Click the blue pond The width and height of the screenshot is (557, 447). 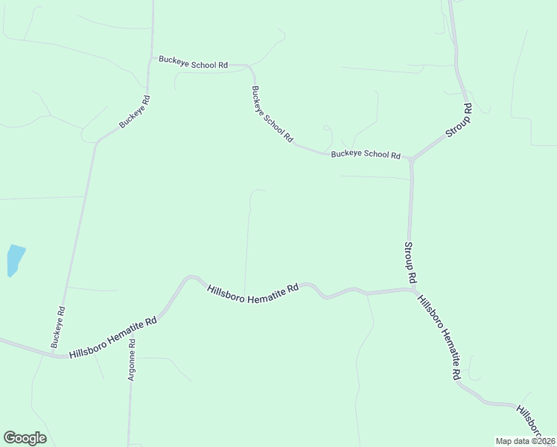[15, 259]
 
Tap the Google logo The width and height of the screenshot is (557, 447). [25, 438]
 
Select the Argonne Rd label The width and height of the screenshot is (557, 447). [131, 361]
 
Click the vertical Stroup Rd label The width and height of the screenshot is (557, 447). [409, 261]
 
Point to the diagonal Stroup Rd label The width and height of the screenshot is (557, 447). [459, 120]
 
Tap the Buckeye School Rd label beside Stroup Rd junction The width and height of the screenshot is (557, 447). [366, 154]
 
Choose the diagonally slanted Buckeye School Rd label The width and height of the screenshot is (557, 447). [272, 115]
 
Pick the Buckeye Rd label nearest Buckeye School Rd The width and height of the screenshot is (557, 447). [135, 112]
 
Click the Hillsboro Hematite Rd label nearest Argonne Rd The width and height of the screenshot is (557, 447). [113, 337]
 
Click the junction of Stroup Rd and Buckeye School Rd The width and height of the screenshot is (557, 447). [410, 159]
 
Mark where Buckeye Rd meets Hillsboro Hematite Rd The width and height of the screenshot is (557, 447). [63, 357]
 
